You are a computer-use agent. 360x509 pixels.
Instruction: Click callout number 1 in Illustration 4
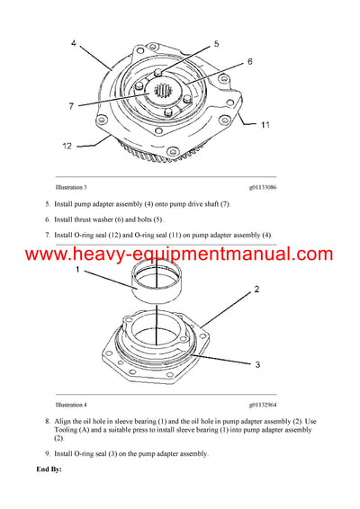(x=78, y=270)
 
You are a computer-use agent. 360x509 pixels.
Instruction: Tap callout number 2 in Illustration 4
(x=256, y=290)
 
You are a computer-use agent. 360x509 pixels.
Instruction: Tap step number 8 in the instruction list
(x=47, y=421)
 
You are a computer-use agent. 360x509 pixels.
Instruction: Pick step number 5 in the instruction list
(x=47, y=204)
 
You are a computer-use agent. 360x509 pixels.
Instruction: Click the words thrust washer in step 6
(x=98, y=219)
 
